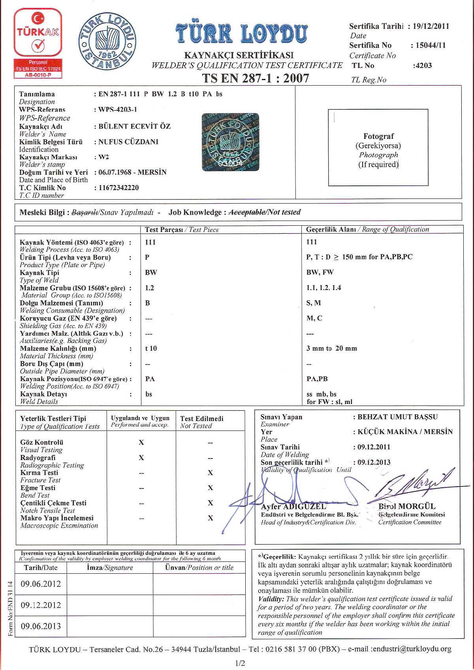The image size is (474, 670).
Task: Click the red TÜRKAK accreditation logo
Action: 38,43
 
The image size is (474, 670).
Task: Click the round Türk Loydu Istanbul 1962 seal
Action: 107,41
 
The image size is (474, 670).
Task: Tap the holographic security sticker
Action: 230,142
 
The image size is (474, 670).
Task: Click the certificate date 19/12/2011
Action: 431,26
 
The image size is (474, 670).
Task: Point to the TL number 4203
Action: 423,66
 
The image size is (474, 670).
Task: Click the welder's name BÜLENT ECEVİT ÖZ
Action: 134,126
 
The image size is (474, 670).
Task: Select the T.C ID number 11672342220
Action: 118,188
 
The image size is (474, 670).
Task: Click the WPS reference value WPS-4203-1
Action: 118,109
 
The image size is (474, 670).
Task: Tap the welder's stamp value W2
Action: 103,157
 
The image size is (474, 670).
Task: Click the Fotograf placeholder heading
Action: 378,137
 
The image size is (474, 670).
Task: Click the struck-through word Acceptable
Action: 246,212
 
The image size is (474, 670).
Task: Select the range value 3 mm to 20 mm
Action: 331,348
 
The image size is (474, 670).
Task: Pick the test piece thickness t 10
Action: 151,348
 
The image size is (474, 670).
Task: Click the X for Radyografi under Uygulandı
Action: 141,458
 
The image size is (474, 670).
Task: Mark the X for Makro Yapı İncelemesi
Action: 210,518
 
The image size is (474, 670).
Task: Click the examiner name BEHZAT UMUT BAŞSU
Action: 397,417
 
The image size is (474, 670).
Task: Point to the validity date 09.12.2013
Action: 374,462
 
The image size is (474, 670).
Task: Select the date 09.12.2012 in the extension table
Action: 41,605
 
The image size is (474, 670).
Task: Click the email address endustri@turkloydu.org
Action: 412,649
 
